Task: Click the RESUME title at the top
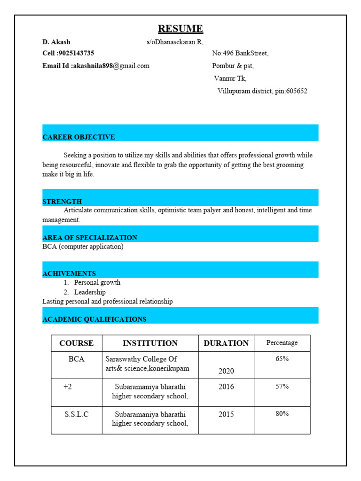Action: [180, 29]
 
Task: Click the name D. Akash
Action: [56, 42]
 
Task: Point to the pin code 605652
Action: [297, 91]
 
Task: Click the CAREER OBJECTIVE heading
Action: [78, 137]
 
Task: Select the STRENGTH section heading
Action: [62, 202]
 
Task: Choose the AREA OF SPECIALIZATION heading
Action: [90, 238]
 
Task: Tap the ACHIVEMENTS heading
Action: [69, 273]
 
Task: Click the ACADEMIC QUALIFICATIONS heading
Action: [94, 319]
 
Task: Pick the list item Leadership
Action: [90, 292]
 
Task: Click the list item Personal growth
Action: [97, 283]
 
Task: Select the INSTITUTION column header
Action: [150, 343]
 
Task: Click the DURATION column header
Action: [226, 343]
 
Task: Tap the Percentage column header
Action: [282, 343]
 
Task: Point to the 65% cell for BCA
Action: [282, 359]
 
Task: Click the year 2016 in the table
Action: [226, 387]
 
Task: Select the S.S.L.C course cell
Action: [77, 415]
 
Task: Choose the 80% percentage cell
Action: [282, 414]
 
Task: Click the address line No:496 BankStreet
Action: [240, 54]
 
